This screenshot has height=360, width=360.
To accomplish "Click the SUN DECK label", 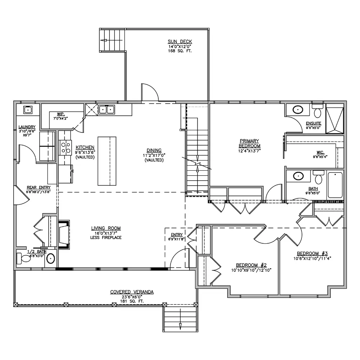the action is click(x=180, y=41).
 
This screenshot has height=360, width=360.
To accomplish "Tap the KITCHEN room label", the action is click(x=85, y=147).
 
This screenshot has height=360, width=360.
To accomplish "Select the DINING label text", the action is click(x=154, y=150).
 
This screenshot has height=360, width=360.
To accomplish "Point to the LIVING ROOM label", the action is click(x=106, y=228).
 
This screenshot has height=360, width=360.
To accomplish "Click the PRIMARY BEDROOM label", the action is click(x=249, y=143).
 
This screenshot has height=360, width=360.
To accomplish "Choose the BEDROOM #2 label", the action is click(x=251, y=265).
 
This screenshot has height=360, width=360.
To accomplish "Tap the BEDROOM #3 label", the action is click(x=312, y=253).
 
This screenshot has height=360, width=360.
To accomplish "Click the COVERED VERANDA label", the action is click(x=132, y=292).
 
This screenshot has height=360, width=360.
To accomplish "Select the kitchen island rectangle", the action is click(x=107, y=161).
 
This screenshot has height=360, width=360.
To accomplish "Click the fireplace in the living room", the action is click(x=64, y=234).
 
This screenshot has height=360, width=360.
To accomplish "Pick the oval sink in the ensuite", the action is click(x=298, y=110).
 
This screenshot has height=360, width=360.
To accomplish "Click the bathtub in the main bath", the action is click(x=335, y=185).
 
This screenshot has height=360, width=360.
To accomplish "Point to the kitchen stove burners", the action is click(x=66, y=148).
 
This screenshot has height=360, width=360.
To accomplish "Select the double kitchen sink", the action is click(x=107, y=110).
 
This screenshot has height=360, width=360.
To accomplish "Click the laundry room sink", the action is click(x=28, y=110).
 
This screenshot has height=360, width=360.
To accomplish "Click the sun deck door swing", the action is click(x=150, y=92).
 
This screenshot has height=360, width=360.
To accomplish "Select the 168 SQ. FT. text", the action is click(x=180, y=51).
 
